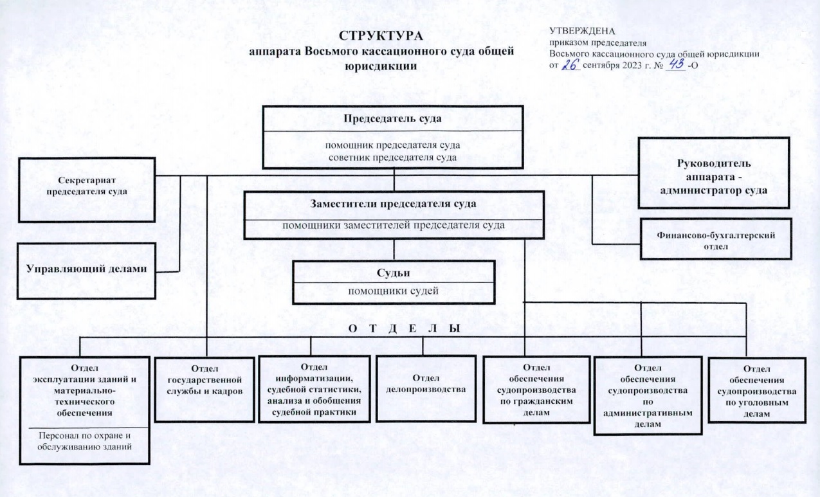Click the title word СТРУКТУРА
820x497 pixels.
coord(381,36)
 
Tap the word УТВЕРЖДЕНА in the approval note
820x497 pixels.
coord(582,31)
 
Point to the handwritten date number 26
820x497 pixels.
coord(570,64)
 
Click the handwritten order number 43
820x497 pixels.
coord(675,64)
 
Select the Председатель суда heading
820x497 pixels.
coord(392,118)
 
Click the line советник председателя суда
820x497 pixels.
coord(392,158)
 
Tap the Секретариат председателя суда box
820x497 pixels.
coord(87,190)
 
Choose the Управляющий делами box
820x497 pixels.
coord(86,271)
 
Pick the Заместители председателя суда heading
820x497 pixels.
coord(393,204)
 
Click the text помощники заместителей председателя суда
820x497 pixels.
coord(394,225)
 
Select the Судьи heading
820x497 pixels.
coord(394,273)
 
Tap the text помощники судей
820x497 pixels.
coord(393,291)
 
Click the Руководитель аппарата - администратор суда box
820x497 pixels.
coord(714,173)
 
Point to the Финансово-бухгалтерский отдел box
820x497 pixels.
coord(716,239)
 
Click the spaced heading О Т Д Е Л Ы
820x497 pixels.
coord(404,329)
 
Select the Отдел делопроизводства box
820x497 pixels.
coord(426,389)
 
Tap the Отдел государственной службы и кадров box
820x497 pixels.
coord(205,390)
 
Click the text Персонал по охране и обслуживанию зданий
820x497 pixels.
coord(84,441)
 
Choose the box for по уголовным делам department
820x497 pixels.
coord(757,390)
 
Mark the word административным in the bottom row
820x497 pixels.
coord(648,413)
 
